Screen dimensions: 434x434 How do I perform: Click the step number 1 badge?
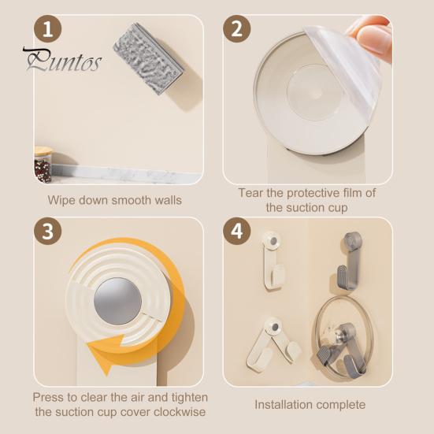tap(47, 29)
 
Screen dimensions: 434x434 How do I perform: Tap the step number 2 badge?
tap(236, 29)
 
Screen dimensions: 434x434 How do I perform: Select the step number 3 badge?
tap(47, 231)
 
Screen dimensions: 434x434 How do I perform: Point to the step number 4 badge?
tap(236, 231)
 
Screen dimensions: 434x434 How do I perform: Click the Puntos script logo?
tap(62, 60)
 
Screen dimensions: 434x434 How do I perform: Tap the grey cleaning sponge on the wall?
tap(149, 58)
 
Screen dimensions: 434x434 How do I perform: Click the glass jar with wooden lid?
tap(43, 165)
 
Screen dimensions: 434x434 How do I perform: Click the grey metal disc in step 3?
tap(117, 301)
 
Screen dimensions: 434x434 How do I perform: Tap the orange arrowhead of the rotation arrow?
tap(106, 352)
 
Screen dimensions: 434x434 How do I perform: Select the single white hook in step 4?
tap(272, 260)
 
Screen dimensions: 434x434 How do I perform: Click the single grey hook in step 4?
tap(349, 260)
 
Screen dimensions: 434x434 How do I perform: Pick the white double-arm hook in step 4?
tap(273, 343)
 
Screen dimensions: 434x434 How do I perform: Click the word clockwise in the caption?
tap(180, 412)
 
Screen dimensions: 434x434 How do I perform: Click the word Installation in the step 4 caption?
tap(284, 405)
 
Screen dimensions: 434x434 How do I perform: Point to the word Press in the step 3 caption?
tap(48, 398)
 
